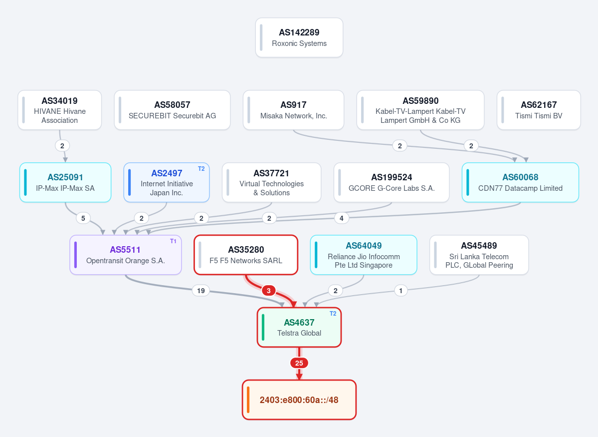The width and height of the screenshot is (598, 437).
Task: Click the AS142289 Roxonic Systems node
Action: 299,37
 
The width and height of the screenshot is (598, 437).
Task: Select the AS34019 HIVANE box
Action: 59,110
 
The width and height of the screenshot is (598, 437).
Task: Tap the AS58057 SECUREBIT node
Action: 172,110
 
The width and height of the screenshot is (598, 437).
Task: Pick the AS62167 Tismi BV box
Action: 539,110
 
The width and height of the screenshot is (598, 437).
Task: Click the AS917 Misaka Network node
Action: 293,110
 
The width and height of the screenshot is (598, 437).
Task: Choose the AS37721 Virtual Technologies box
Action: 271,183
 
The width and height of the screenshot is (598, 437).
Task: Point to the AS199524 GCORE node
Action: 392,183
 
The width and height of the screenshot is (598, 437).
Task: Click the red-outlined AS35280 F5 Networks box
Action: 245,255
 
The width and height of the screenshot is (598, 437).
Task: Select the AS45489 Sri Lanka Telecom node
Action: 479,255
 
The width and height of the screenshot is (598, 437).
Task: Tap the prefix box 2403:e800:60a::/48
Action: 299,400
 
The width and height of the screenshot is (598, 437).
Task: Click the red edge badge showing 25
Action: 299,363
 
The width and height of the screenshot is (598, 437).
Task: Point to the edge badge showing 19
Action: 200,291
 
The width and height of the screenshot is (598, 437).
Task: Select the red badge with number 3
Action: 268,291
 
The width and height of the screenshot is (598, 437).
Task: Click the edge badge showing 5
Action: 83,218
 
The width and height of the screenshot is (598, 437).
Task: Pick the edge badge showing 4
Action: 341,218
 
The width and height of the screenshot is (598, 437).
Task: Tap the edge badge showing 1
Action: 400,291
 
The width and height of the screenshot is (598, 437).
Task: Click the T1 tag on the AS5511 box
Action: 173,241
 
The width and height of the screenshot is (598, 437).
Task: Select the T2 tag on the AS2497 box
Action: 201,168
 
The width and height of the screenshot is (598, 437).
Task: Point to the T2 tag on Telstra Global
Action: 333,313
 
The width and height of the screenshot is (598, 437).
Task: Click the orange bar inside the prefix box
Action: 248,400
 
